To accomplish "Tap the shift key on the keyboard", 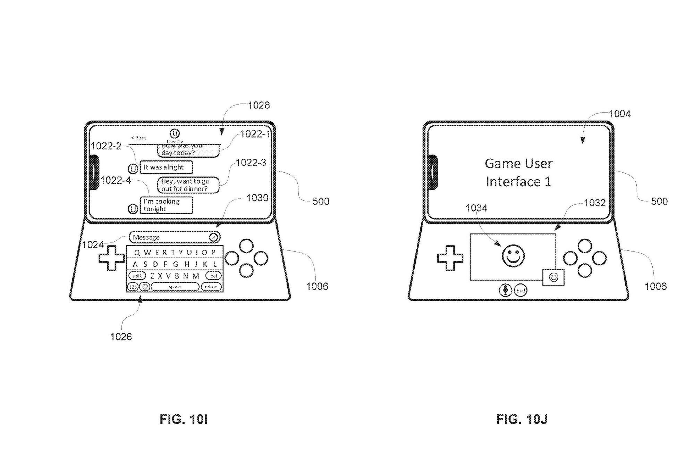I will pyautogui.click(x=137, y=276).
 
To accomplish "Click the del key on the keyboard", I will pyautogui.click(x=213, y=276).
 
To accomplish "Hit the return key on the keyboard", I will pyautogui.click(x=211, y=287).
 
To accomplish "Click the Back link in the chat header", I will pyautogui.click(x=139, y=138).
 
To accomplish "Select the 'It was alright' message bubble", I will pyautogui.click(x=166, y=167).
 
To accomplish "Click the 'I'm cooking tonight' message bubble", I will pyautogui.click(x=166, y=205).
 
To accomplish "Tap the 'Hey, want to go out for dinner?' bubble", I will pyautogui.click(x=188, y=185).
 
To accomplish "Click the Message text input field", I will pyautogui.click(x=170, y=237).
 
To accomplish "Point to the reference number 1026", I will pyautogui.click(x=121, y=337).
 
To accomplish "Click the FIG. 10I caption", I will pyautogui.click(x=183, y=420).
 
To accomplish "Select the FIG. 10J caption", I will pyautogui.click(x=522, y=420).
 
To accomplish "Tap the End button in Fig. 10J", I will pyautogui.click(x=520, y=290).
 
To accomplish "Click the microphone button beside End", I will pyautogui.click(x=506, y=290).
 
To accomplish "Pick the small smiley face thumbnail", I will pyautogui.click(x=553, y=277).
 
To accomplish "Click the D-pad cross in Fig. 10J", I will pyautogui.click(x=450, y=258).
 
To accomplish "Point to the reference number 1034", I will pyautogui.click(x=476, y=208).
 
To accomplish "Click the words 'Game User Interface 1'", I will pyautogui.click(x=518, y=173).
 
